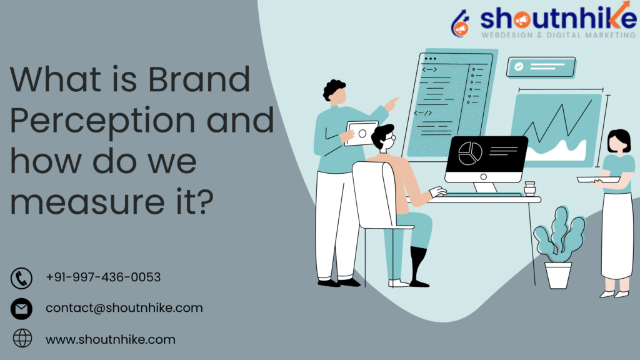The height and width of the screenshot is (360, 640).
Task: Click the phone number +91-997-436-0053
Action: pyautogui.click(x=103, y=277)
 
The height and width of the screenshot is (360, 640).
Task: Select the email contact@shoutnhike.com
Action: pyautogui.click(x=124, y=308)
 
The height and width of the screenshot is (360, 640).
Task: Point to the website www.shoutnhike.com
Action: pyautogui.click(x=110, y=340)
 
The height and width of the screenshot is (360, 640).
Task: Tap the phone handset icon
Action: pyautogui.click(x=22, y=277)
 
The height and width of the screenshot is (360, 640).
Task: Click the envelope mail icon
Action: pyautogui.click(x=22, y=309)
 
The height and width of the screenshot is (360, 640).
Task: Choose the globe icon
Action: pyautogui.click(x=22, y=339)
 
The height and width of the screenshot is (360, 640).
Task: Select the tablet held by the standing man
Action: pyautogui.click(x=361, y=133)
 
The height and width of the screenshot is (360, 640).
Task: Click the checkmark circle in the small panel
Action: pyautogui.click(x=518, y=66)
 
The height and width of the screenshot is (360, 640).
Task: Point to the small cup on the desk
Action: pyautogui.click(x=530, y=188)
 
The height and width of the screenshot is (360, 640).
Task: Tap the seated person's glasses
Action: pyautogui.click(x=388, y=140)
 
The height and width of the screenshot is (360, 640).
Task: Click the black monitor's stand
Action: pyautogui.click(x=486, y=187)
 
